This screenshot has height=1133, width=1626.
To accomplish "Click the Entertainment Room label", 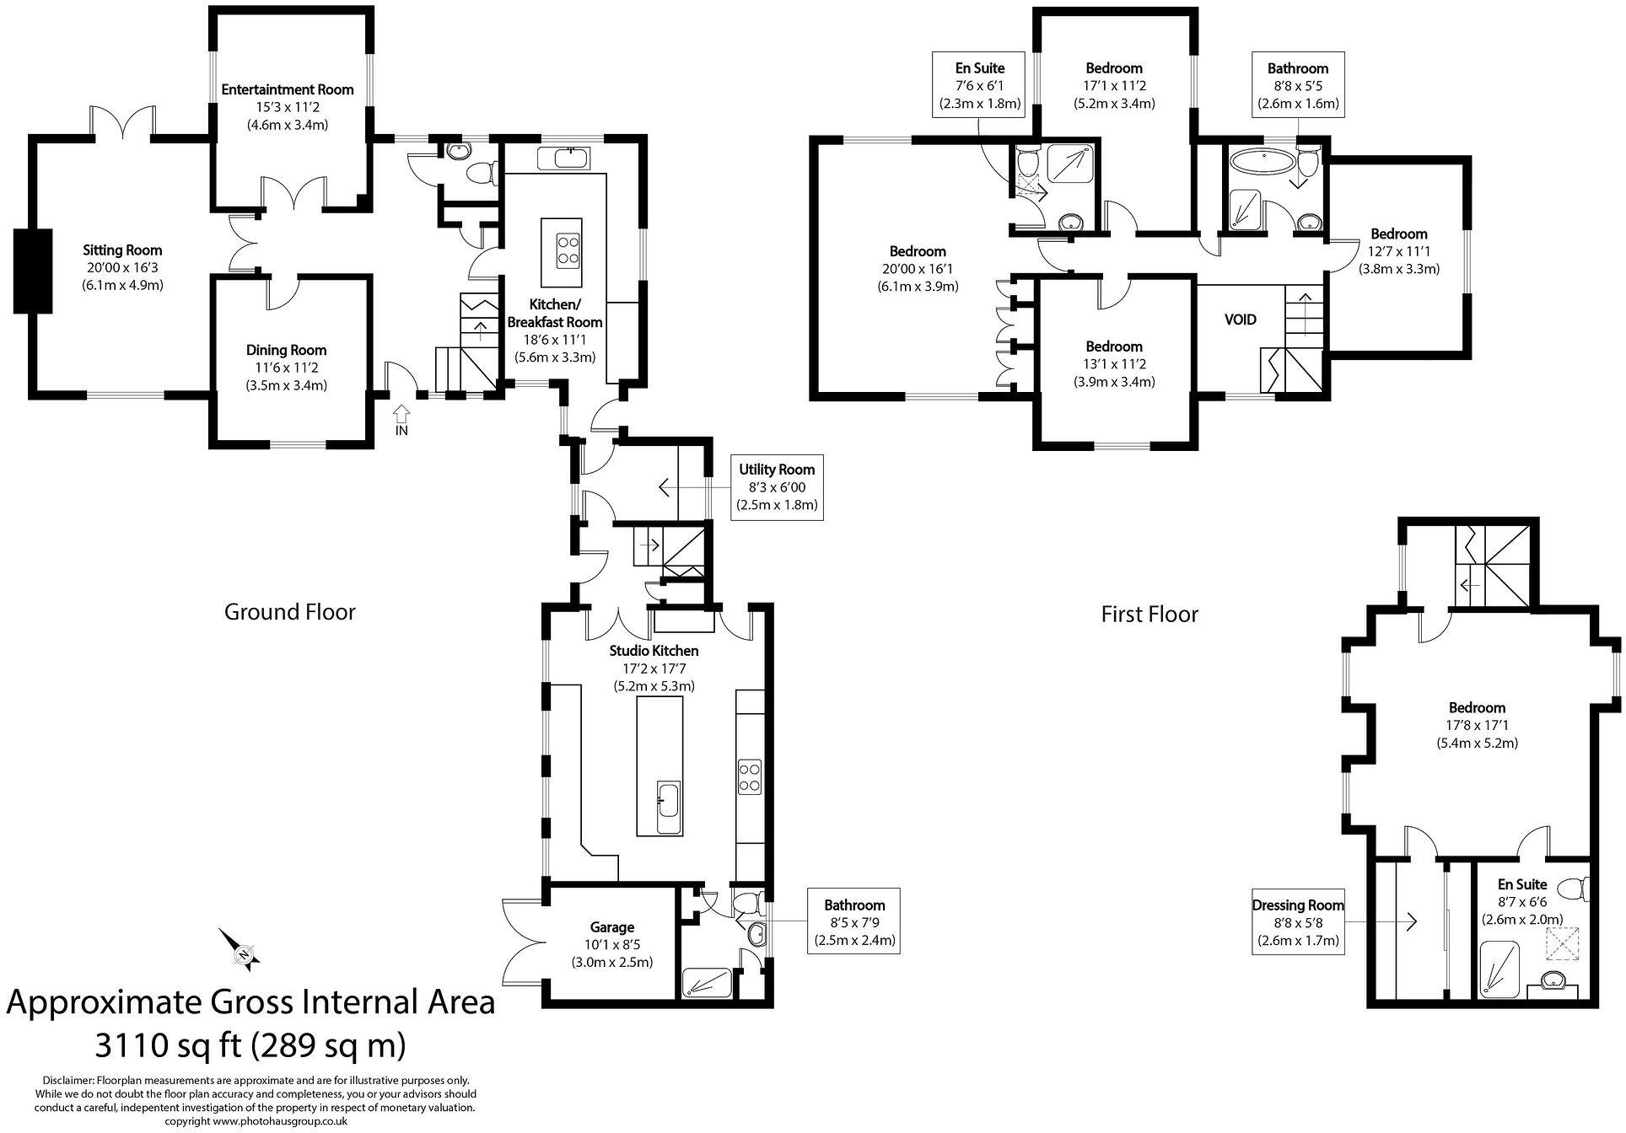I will tap(287, 89).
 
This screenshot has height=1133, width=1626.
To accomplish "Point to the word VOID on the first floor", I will tap(1240, 319).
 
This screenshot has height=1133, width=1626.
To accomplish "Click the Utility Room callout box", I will tap(776, 487).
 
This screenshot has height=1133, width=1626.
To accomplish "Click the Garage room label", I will tap(611, 927).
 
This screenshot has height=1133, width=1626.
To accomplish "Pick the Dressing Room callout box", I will tap(1297, 923).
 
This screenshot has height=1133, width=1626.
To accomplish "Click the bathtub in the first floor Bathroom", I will tap(1257, 160).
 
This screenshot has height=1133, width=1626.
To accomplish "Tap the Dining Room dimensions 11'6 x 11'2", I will tap(287, 368).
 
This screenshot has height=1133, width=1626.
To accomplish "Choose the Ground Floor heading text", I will tap(289, 612).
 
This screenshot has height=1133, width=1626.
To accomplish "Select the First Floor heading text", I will tap(1149, 614).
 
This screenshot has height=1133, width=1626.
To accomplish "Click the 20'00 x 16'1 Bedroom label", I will tap(918, 269).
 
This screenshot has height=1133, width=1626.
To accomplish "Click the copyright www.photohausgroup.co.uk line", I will tap(256, 1121).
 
